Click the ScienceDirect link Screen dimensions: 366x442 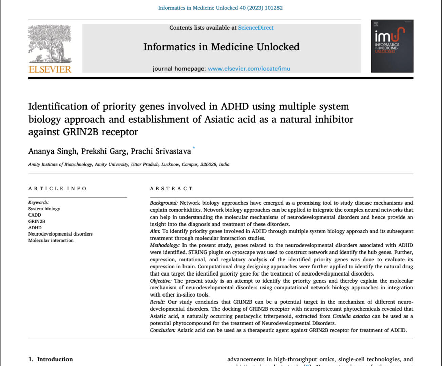point(255,28)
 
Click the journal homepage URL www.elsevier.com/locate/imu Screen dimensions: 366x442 point(249,69)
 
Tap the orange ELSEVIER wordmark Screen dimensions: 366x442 point(50,69)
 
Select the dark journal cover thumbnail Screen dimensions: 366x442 point(392,46)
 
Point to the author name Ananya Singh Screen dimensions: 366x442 point(52,151)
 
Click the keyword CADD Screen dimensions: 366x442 point(35,215)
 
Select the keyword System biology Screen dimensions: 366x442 point(44,209)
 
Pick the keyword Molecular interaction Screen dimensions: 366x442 point(51,240)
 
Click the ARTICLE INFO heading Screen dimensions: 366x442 point(57,189)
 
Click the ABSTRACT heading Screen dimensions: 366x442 point(171,189)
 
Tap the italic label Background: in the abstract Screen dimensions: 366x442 point(164,203)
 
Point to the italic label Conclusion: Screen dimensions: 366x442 point(163,330)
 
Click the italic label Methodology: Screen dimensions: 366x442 point(165,245)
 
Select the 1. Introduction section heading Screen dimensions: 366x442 point(51,359)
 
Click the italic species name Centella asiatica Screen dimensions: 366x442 point(351,316)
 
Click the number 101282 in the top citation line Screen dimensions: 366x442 point(273,8)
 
